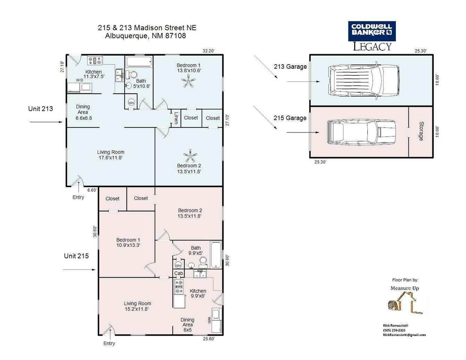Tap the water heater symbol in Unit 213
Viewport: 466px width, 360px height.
pyautogui.click(x=131, y=103)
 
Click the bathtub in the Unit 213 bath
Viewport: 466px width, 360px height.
pyautogui.click(x=139, y=61)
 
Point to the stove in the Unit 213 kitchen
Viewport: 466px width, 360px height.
pyautogui.click(x=95, y=60)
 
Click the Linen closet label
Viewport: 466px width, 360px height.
pyautogui.click(x=176, y=118)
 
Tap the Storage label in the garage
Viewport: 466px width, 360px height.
pyautogui.click(x=421, y=131)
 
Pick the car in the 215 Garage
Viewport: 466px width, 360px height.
pyautogui.click(x=362, y=132)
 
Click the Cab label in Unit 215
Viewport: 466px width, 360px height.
pyautogui.click(x=179, y=273)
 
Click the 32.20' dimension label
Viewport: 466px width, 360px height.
pyautogui.click(x=209, y=51)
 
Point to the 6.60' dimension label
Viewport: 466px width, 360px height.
pyautogui.click(x=92, y=190)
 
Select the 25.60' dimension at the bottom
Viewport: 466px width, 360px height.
pyautogui.click(x=209, y=339)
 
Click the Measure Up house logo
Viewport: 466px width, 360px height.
pyautogui.click(x=405, y=303)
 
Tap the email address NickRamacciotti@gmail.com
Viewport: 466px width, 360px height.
pyautogui.click(x=404, y=335)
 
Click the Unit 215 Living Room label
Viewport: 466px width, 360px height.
pyautogui.click(x=137, y=306)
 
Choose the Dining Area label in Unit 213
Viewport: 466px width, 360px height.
pyautogui.click(x=83, y=112)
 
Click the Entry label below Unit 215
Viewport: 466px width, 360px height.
pyautogui.click(x=109, y=343)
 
